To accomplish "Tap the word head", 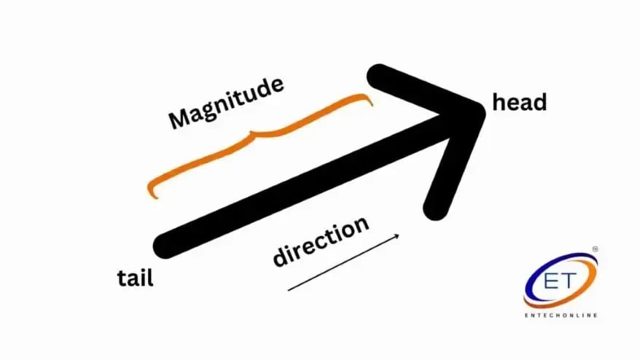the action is coord(520,103).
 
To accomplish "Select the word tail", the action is coord(136,278).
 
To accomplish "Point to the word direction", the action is coord(321,241).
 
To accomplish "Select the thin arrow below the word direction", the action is coord(343,262).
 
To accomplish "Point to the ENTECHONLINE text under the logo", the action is coord(561,315).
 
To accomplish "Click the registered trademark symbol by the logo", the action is coord(595,250).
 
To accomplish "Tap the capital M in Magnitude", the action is coord(179,119).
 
